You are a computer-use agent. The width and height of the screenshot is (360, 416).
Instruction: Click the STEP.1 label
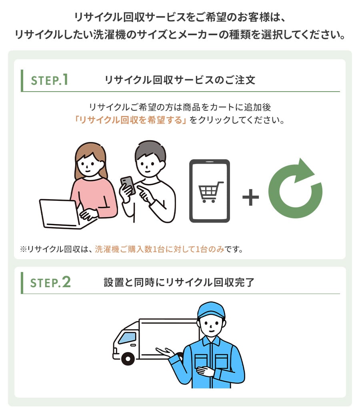pos(50,80)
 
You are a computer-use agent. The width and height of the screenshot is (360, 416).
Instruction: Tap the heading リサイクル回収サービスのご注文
pos(180,80)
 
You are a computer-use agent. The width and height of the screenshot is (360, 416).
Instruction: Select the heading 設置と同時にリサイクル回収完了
pos(179,282)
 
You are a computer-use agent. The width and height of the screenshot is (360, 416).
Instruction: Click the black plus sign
pos(250,198)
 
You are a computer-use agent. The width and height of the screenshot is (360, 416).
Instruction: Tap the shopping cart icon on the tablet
pos(210,192)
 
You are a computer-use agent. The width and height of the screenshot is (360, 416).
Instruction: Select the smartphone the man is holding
pos(128,185)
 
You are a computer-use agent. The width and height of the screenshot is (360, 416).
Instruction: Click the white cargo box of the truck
pos(168,332)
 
